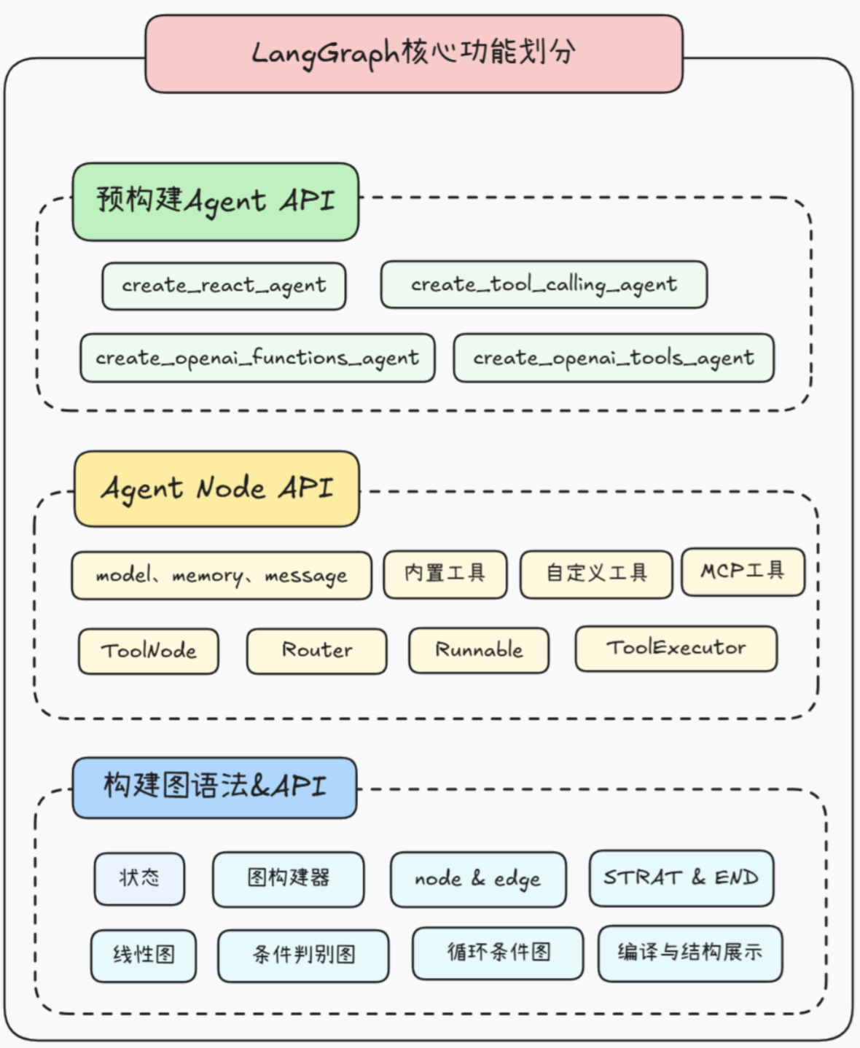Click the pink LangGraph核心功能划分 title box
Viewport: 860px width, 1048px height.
pyautogui.click(x=414, y=54)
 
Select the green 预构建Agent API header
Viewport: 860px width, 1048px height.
pyautogui.click(x=216, y=202)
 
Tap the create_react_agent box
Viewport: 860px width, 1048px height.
pyautogui.click(x=224, y=286)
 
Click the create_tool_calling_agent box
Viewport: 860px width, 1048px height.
pyautogui.click(x=544, y=284)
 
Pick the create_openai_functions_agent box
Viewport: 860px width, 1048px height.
pyautogui.click(x=257, y=358)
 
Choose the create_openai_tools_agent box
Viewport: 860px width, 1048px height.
pyautogui.click(x=614, y=358)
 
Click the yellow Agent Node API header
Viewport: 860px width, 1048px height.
pyautogui.click(x=217, y=488)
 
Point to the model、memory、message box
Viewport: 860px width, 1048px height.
pyautogui.click(x=222, y=576)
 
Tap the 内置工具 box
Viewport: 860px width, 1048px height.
pyautogui.click(x=445, y=574)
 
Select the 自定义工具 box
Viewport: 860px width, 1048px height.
pyautogui.click(x=596, y=574)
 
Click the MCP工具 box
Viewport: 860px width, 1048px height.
pyautogui.click(x=743, y=572)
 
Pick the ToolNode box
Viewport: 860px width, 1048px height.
pyautogui.click(x=149, y=651)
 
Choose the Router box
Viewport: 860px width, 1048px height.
pyautogui.click(x=317, y=651)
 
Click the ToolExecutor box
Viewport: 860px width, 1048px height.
pyautogui.click(x=676, y=648)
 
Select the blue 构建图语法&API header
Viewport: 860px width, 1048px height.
pyautogui.click(x=215, y=787)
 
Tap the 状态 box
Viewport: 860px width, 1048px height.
pyautogui.click(x=139, y=878)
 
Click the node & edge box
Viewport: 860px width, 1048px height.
pyautogui.click(x=478, y=879)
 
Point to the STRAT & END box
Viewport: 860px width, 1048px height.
pyautogui.click(x=681, y=877)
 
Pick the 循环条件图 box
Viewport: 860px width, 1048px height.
pyautogui.click(x=498, y=953)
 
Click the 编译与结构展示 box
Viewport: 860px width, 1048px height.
pyautogui.click(x=690, y=953)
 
